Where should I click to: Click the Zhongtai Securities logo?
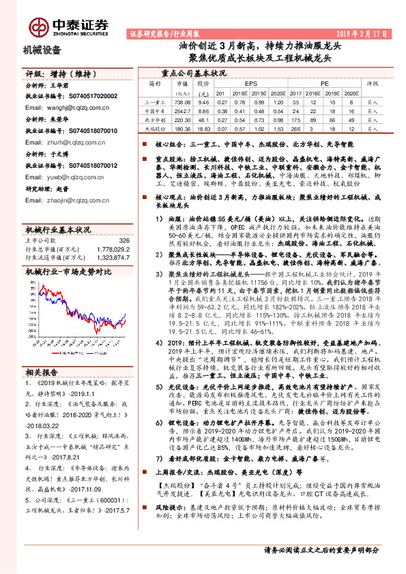pyautogui.click(x=68, y=26)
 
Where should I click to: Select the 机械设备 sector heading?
pyautogui.click(x=42, y=50)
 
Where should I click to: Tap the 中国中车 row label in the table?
pyautogui.click(x=156, y=109)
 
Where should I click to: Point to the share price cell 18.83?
pyautogui.click(x=202, y=127)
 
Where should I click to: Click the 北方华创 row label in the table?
pyautogui.click(x=156, y=118)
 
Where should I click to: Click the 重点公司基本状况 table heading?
pyautogui.click(x=193, y=72)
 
